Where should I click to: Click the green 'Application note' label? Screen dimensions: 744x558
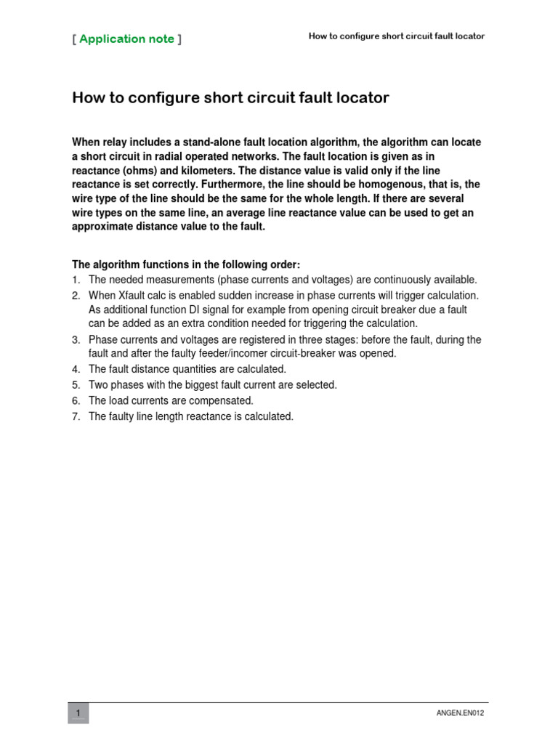click(126, 39)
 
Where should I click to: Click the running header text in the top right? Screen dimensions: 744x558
click(397, 36)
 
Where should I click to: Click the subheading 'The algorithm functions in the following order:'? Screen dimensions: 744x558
click(186, 264)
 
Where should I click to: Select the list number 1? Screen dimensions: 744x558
click(76, 280)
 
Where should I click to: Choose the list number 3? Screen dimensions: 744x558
click(76, 340)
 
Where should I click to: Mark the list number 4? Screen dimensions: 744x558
click(76, 370)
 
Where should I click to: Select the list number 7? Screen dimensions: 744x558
click(76, 416)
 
